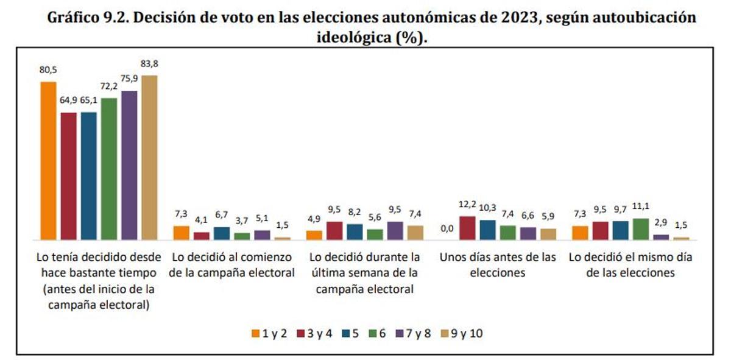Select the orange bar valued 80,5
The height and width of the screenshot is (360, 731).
point(48,160)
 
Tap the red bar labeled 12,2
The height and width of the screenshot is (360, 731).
point(467,228)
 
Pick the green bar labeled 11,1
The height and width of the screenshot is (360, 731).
point(641,228)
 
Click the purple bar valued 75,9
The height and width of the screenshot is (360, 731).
point(129,165)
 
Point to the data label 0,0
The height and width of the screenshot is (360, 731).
point(447,228)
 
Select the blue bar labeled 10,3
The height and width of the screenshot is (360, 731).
point(487,230)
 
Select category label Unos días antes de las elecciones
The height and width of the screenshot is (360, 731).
point(498,265)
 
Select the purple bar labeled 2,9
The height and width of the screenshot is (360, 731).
point(661,236)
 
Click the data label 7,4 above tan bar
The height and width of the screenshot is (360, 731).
point(415,214)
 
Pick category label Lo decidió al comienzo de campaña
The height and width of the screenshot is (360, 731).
point(231,265)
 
